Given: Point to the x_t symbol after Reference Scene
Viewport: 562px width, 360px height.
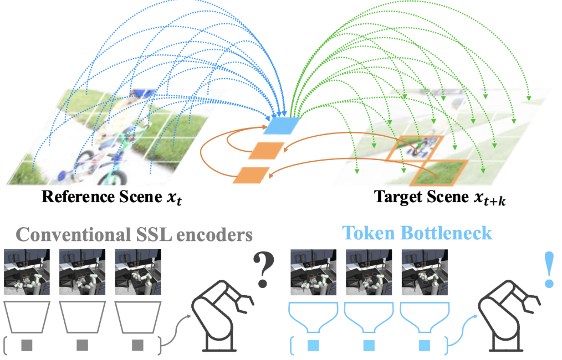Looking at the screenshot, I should click(x=173, y=198).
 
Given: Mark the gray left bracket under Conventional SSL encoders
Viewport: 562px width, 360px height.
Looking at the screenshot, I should click(x=6, y=344).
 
